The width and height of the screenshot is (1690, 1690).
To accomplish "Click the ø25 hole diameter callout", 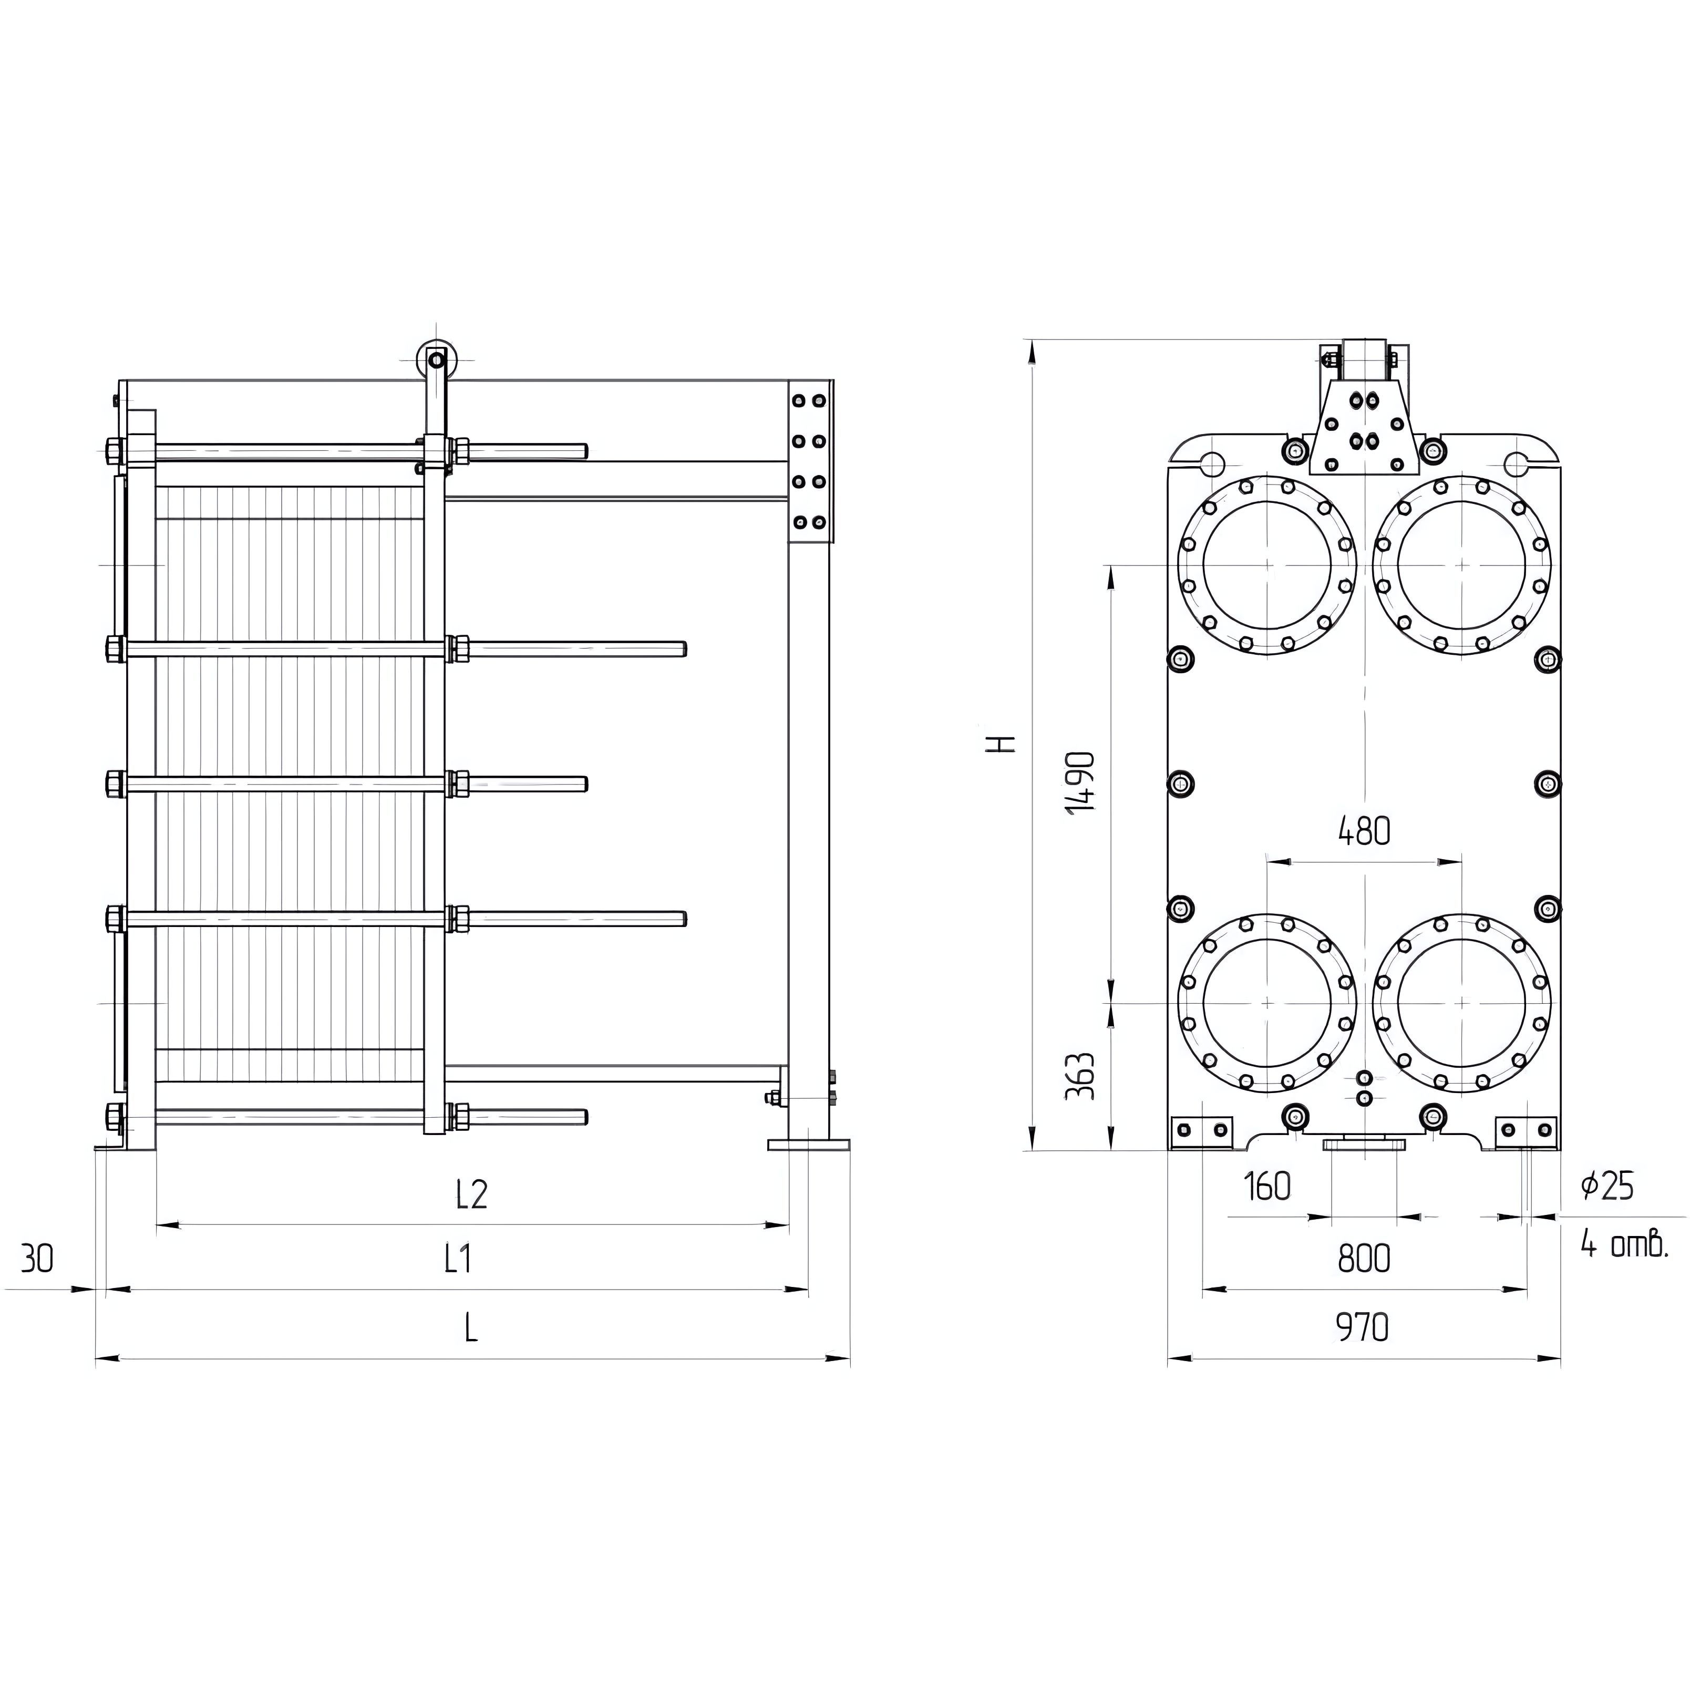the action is pos(1608,1186).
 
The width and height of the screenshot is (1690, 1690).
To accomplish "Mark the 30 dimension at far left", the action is pos(37,1259).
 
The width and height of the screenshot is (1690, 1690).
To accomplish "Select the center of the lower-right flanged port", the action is pos(1462,1003).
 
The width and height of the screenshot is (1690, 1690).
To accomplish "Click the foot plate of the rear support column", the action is pos(808,1143).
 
